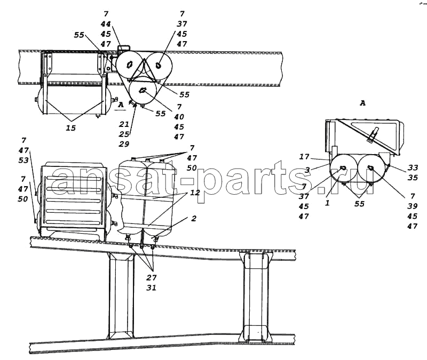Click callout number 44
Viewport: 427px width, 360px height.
(x=106, y=24)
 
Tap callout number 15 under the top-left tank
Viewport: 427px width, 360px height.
(x=71, y=128)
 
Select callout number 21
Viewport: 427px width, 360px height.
(x=124, y=124)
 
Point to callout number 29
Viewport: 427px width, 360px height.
(x=124, y=144)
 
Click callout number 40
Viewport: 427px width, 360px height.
(x=179, y=117)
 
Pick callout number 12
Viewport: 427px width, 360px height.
(x=195, y=193)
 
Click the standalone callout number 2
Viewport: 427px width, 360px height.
(x=194, y=219)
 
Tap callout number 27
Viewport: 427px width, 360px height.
(x=152, y=277)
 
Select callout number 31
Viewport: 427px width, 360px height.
(x=152, y=287)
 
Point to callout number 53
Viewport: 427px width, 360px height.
(x=23, y=161)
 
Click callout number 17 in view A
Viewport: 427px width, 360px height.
(x=304, y=157)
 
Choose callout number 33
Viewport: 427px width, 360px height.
(x=413, y=167)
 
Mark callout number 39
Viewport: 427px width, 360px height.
(x=413, y=206)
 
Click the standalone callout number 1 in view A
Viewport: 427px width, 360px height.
(x=327, y=203)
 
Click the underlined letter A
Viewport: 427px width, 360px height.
(x=121, y=105)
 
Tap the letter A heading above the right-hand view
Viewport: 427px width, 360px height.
(x=362, y=103)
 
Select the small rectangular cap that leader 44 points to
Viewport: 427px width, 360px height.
(x=124, y=48)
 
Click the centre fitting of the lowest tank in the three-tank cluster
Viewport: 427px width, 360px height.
(x=143, y=90)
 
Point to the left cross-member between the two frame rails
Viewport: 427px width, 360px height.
(x=121, y=295)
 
